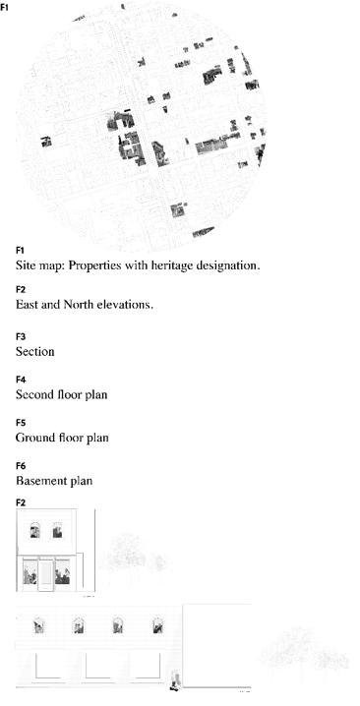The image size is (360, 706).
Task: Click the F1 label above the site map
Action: click(6, 8)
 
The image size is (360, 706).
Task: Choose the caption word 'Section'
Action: click(35, 351)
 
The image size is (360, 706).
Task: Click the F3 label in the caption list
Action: click(21, 336)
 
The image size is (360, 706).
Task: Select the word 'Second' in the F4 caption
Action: click(37, 394)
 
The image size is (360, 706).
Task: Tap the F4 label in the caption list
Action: click(21, 380)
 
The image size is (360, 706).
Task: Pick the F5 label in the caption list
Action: click(21, 423)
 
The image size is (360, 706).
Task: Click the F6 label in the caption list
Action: click(21, 466)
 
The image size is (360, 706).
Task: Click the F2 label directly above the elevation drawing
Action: click(21, 502)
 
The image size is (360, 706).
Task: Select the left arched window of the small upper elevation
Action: click(34, 533)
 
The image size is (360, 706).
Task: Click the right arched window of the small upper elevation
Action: click(59, 533)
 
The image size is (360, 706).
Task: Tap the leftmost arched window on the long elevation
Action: click(39, 624)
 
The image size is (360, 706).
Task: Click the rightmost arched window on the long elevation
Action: click(157, 624)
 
